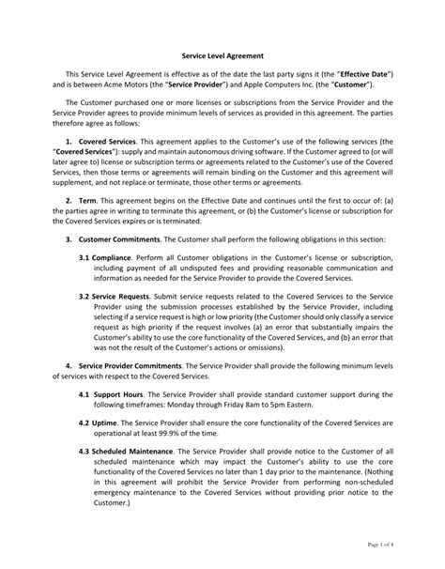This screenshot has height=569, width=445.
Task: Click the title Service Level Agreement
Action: (222, 55)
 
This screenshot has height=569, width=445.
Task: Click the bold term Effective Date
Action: (350, 73)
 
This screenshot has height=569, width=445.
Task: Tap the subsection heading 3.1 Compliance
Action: (111, 257)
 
